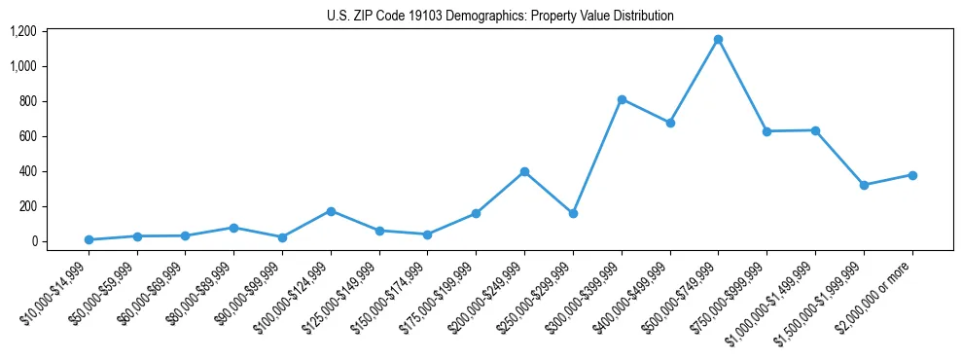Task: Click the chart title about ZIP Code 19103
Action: tap(500, 16)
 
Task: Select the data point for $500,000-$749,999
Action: tap(718, 40)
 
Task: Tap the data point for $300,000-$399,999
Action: tap(622, 99)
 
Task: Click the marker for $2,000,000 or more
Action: tap(912, 175)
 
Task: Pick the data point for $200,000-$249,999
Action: tap(524, 171)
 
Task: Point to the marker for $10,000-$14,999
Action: tap(89, 239)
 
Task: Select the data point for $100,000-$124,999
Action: tap(331, 211)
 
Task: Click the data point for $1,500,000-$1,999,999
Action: tap(864, 185)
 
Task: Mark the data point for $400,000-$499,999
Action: tap(670, 123)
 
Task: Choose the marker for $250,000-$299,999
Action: tap(573, 213)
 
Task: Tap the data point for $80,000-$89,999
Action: tap(233, 228)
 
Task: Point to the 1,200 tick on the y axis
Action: tap(22, 31)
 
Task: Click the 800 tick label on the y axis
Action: tap(26, 101)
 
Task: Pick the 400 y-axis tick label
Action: tap(26, 171)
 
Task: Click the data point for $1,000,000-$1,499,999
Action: tap(815, 130)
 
